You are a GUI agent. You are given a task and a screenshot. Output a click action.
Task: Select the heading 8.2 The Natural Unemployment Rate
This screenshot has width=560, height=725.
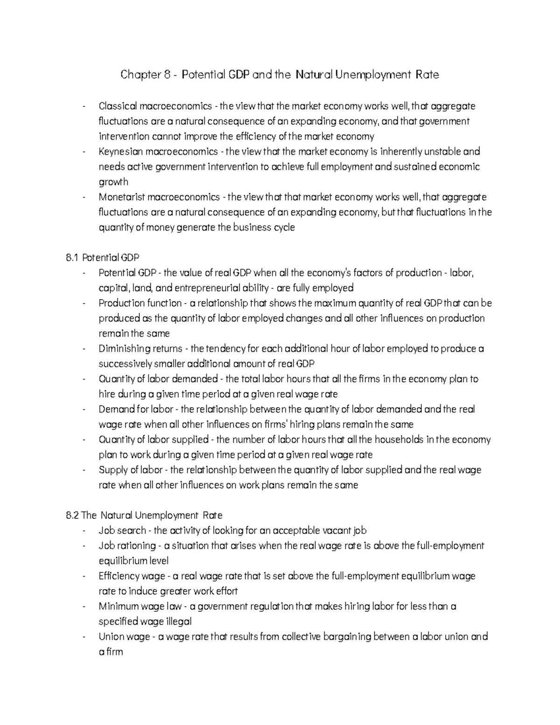[x=145, y=515]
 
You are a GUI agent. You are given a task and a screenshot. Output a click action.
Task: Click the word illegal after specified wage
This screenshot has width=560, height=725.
[x=176, y=622]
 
